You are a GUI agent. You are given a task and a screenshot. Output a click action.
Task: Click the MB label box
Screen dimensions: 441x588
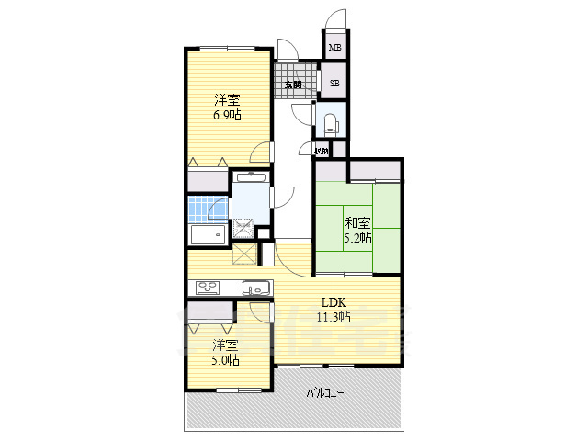point(335,47)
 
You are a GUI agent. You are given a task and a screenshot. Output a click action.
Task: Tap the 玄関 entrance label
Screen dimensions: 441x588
point(293,85)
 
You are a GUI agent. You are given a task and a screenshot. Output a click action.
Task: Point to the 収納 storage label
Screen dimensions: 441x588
point(321,151)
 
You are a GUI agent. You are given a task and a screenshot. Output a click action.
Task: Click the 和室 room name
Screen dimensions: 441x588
point(358,221)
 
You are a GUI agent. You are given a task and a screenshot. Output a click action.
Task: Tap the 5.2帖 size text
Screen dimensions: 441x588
point(358,238)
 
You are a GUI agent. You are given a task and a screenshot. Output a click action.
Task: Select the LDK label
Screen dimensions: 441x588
point(333,302)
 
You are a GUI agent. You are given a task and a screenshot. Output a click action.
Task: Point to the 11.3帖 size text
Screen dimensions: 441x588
point(333,318)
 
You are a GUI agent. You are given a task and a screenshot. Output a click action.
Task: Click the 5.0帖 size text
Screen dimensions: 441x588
point(226,361)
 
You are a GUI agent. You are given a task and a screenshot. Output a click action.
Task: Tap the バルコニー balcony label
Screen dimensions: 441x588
point(324,394)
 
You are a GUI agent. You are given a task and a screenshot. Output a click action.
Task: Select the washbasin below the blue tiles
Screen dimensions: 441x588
point(207,235)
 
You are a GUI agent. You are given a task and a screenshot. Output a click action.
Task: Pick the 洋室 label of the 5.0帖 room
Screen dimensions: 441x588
point(226,345)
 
